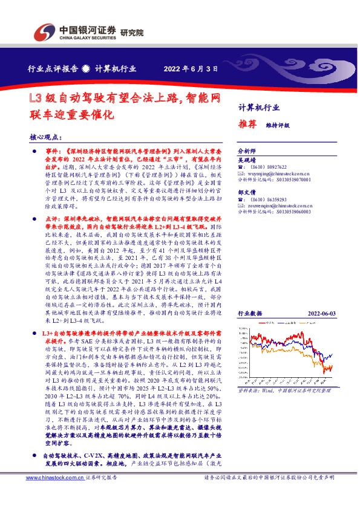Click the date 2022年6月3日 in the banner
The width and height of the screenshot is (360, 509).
pyautogui.click(x=191, y=69)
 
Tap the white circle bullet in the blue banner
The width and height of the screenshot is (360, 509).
pyautogui.click(x=86, y=69)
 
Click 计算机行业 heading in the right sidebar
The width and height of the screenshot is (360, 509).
pyautogui.click(x=258, y=107)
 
